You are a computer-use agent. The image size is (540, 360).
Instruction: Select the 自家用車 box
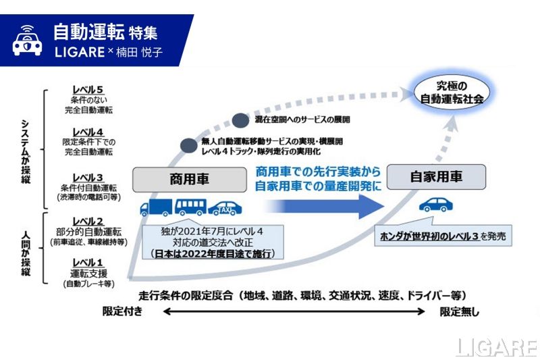click(437, 178)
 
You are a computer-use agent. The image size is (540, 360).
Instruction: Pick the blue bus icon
click(190, 207)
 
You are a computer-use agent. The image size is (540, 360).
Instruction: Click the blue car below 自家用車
click(436, 205)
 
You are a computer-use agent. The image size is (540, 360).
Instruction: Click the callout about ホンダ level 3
click(441, 237)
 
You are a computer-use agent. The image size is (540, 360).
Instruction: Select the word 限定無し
click(461, 311)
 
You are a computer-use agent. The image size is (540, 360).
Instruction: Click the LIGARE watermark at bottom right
click(495, 346)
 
